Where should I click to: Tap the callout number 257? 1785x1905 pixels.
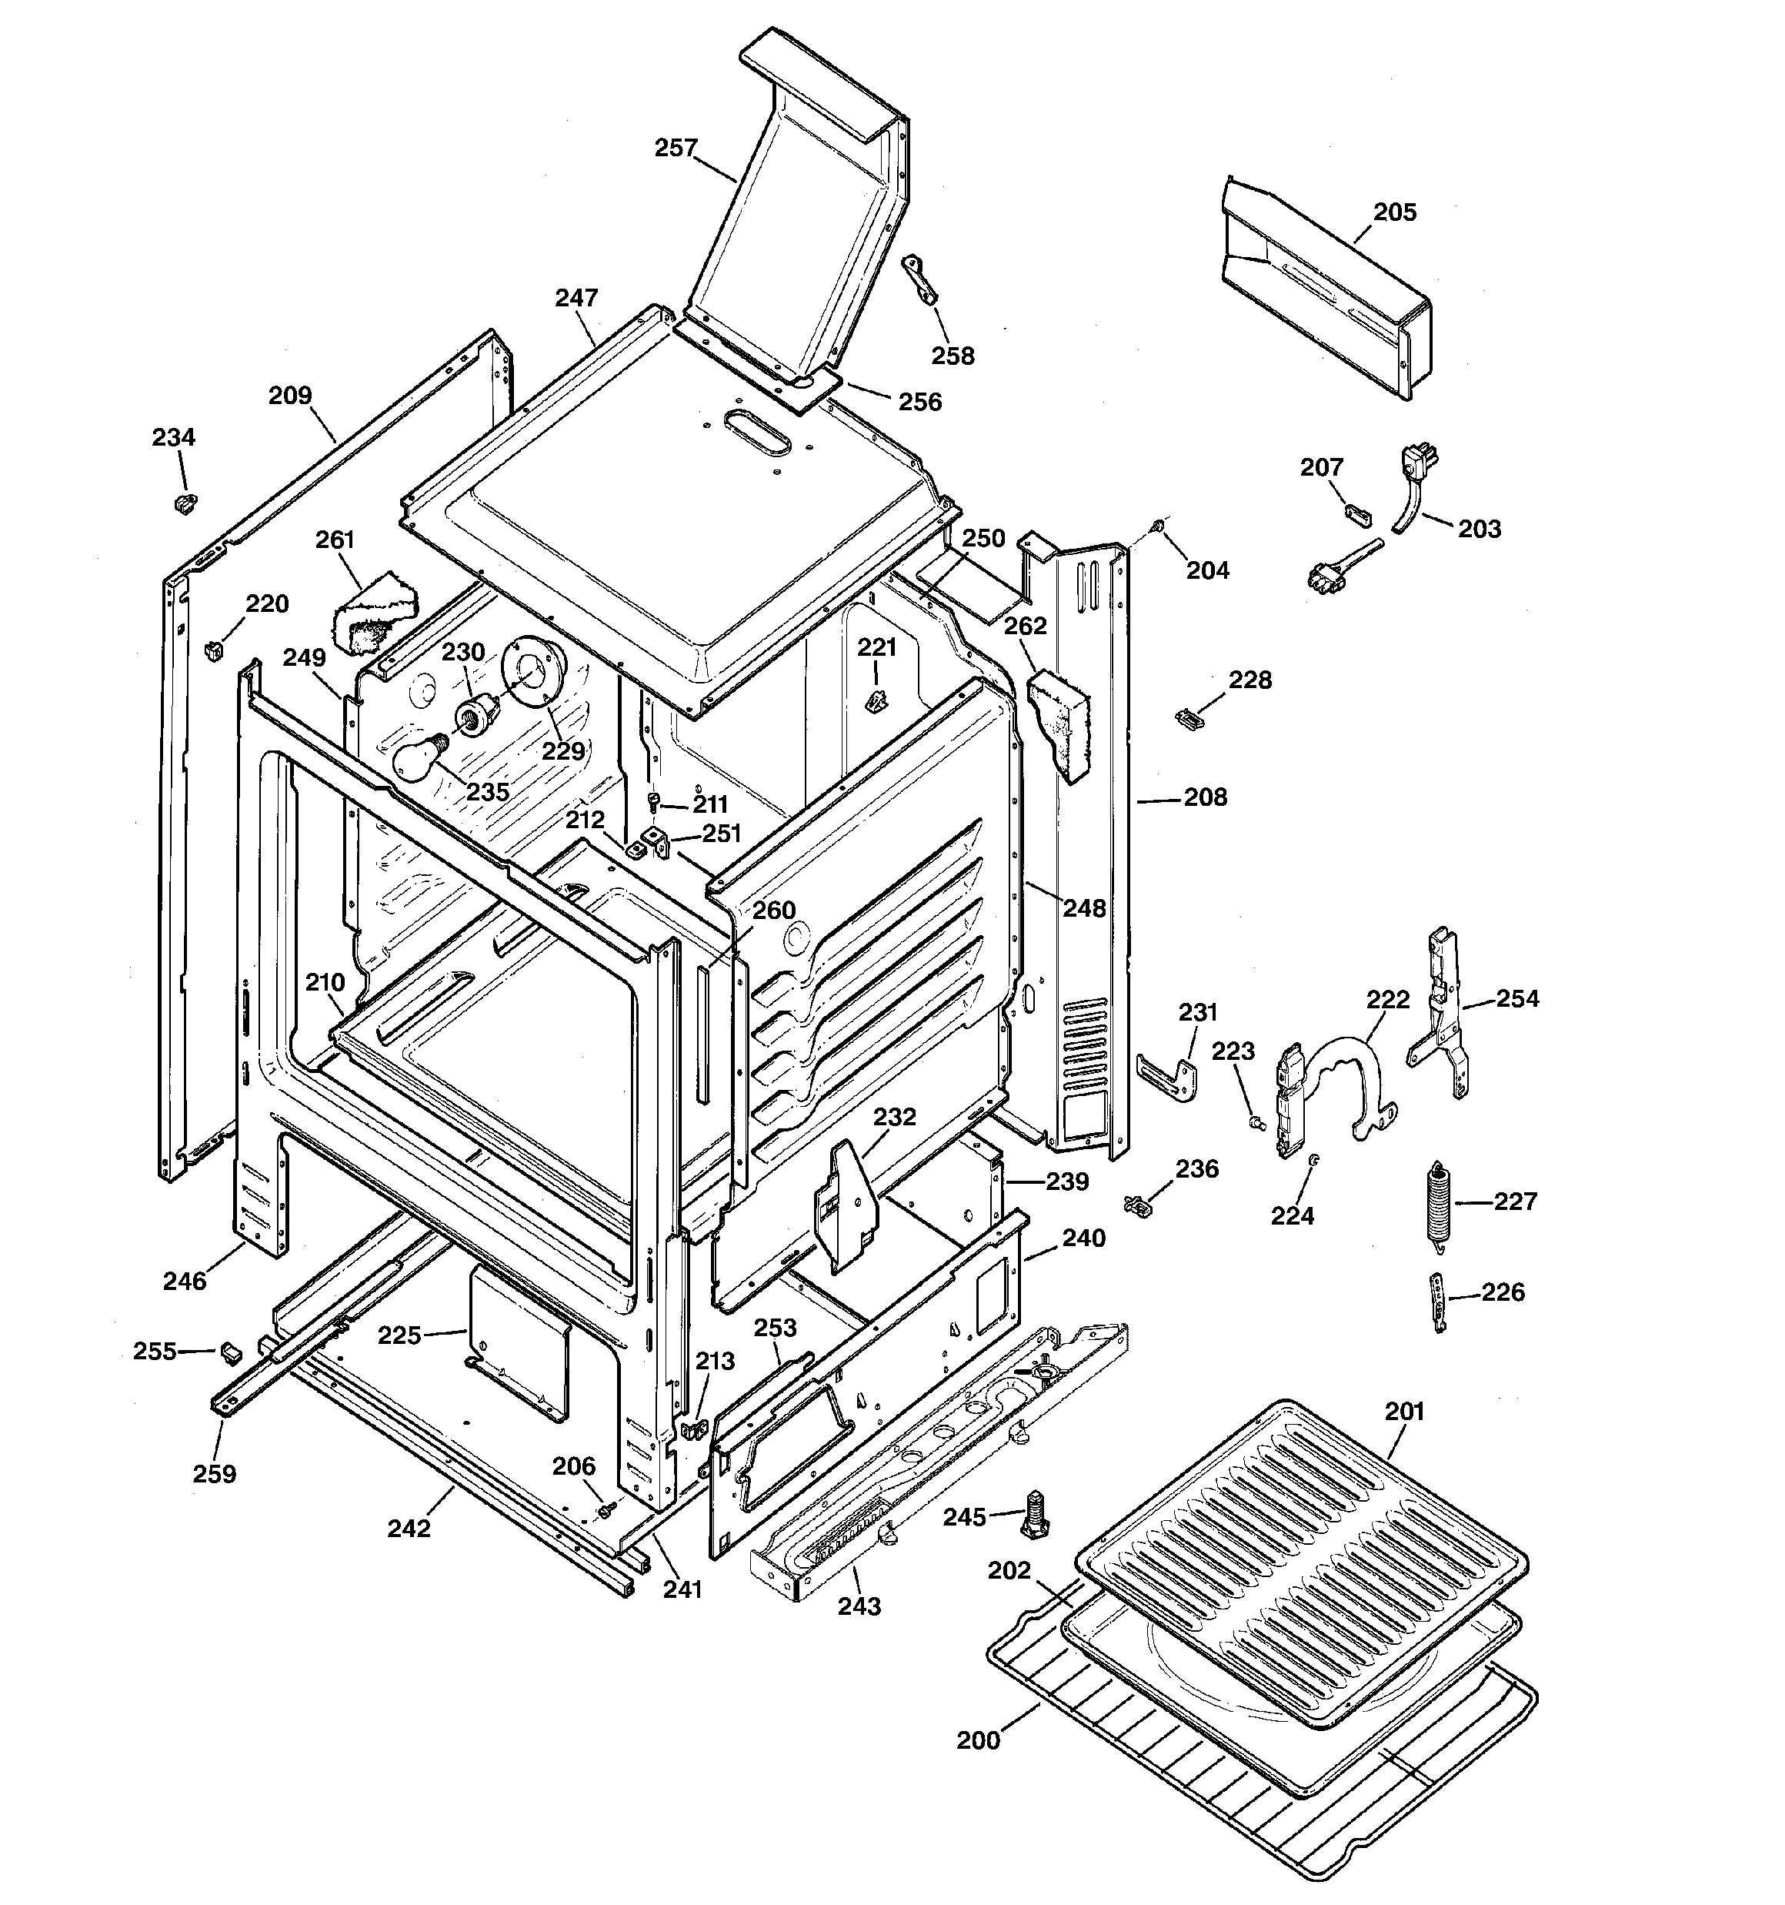point(676,149)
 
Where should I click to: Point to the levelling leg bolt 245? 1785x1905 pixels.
point(1034,1515)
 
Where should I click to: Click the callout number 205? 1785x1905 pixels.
point(1394,212)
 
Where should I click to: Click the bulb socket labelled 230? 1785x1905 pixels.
point(476,715)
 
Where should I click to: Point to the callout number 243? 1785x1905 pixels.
point(859,1605)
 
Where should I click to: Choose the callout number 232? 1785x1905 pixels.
point(894,1118)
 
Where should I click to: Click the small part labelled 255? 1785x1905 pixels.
point(230,1352)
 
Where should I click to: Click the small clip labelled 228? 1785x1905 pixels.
point(1188,716)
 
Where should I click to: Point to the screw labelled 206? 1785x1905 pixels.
point(605,1510)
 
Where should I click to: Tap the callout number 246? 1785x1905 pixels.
point(184,1280)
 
